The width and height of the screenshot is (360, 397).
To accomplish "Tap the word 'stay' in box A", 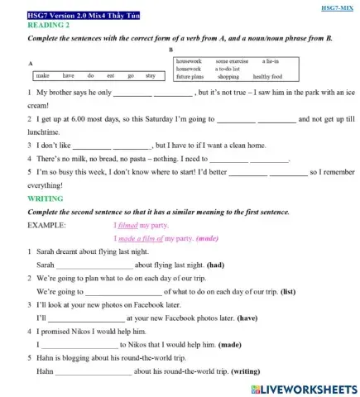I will pyautogui.click(x=150, y=75).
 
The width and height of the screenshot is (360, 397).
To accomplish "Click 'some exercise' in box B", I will pyautogui.click(x=232, y=60).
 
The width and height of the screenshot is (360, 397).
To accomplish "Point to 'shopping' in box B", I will pyautogui.click(x=228, y=75).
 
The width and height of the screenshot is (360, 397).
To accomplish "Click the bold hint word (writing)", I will pyautogui.click(x=251, y=372).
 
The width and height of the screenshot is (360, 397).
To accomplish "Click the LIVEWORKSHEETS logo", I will pyautogui.click(x=298, y=387).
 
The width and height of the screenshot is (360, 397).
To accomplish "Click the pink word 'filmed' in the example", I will pyautogui.click(x=125, y=224).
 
